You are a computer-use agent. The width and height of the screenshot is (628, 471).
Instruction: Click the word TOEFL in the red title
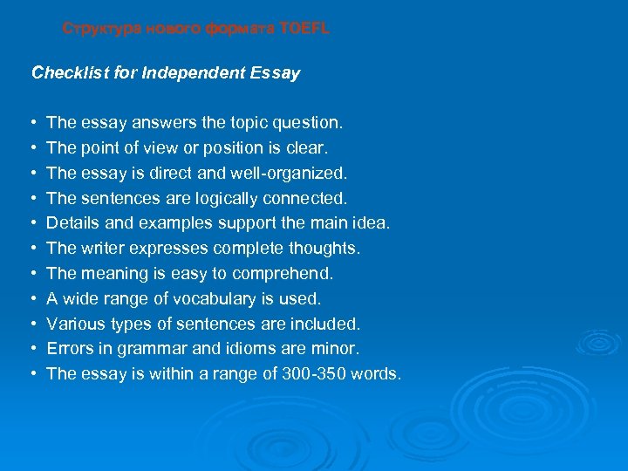point(304,29)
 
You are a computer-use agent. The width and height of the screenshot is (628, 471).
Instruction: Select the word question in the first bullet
point(311,123)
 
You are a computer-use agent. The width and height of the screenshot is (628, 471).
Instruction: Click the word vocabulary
point(214,299)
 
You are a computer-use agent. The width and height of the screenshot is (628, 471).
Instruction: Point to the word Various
point(75,324)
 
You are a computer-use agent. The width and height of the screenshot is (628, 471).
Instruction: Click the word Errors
point(69,349)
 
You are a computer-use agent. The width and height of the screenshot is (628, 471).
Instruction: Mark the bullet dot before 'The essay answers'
point(32,123)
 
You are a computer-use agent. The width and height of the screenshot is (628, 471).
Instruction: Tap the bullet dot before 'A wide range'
point(32,299)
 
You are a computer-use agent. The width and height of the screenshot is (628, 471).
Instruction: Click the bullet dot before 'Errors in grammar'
point(32,349)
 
